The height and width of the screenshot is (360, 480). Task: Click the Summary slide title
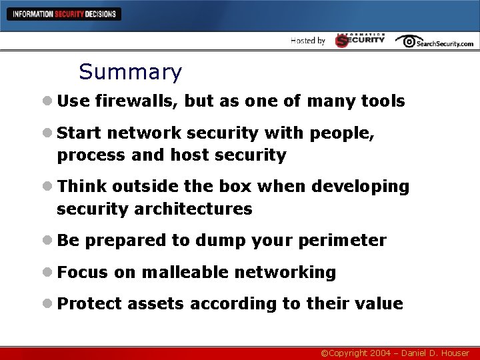tap(130, 72)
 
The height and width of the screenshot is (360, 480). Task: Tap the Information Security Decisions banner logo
tap(64, 13)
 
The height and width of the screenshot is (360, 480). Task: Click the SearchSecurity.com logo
tap(434, 41)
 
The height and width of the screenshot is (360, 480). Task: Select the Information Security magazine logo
tap(360, 40)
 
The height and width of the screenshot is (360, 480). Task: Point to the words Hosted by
tap(308, 41)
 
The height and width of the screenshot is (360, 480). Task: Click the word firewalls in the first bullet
tap(137, 101)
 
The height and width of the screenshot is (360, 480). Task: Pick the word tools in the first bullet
tap(383, 101)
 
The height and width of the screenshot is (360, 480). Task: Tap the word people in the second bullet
tap(344, 133)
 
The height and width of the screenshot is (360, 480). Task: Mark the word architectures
tap(193, 209)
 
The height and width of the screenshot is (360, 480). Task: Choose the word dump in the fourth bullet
tap(217, 241)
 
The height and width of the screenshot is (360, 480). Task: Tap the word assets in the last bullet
tap(155, 304)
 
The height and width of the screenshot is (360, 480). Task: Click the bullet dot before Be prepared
tap(47, 241)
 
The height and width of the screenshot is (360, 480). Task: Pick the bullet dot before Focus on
tap(47, 272)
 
